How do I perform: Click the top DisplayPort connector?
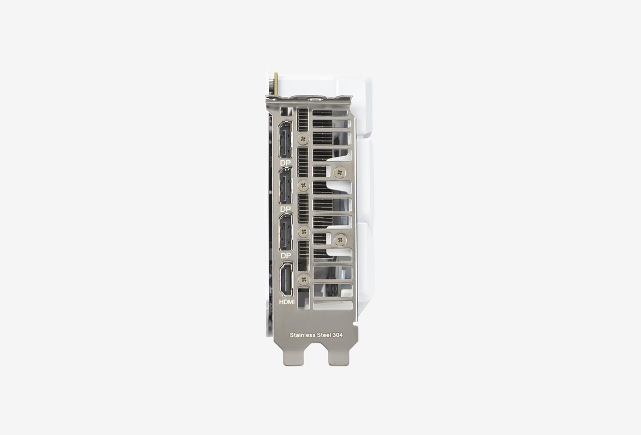click(x=285, y=140)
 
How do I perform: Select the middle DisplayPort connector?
click(x=285, y=186)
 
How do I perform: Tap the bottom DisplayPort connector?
click(x=285, y=232)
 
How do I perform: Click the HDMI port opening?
click(x=285, y=280)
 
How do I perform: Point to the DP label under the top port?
click(x=285, y=163)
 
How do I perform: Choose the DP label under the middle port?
click(x=285, y=209)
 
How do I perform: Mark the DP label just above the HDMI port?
click(x=285, y=256)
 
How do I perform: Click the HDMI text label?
click(x=286, y=302)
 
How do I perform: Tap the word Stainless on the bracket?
click(x=302, y=335)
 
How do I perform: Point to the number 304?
click(x=338, y=335)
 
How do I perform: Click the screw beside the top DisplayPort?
click(x=303, y=139)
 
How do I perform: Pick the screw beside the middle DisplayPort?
click(x=303, y=186)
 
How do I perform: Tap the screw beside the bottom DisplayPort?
click(x=303, y=232)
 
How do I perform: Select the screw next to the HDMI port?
click(x=303, y=279)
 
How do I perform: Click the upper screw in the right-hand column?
click(x=339, y=173)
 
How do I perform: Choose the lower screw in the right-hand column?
click(x=339, y=240)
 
